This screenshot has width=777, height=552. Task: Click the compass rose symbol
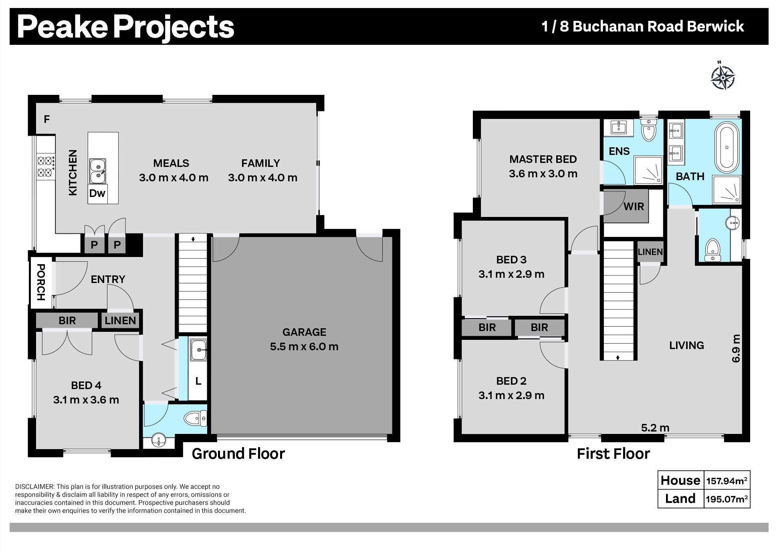(723, 76)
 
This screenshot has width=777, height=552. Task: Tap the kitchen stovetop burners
(45, 167)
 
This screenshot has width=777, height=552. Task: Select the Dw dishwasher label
(97, 193)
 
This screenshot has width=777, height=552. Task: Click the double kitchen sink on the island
(97, 171)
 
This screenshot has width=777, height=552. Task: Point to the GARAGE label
(304, 332)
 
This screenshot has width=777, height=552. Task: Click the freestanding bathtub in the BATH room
(727, 148)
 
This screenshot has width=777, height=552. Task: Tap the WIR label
(634, 207)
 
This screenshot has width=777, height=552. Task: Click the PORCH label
(41, 282)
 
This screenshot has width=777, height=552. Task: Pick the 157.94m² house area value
(727, 480)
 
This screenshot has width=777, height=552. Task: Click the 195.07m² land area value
(727, 499)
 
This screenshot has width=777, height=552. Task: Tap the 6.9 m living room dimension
(736, 348)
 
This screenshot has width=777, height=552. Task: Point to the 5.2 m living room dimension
(655, 428)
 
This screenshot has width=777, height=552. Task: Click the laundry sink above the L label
(198, 350)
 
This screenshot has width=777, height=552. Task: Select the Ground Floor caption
(238, 454)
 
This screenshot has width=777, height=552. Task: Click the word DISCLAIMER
(34, 487)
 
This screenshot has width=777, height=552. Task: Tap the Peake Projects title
(125, 26)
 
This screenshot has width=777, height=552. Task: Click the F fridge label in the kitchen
(47, 119)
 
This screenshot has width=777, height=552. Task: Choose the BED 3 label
(511, 259)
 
